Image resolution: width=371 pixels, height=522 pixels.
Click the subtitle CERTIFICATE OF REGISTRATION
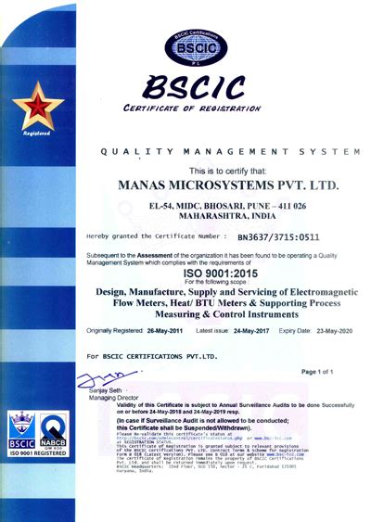click(191, 108)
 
